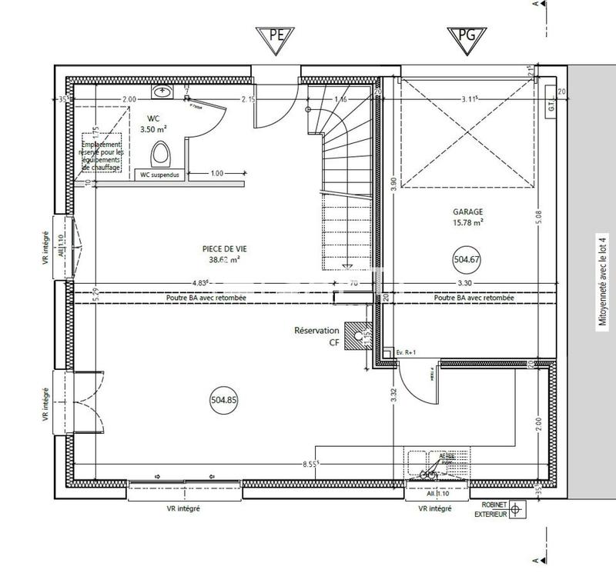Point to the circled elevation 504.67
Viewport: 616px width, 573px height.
(x=467, y=260)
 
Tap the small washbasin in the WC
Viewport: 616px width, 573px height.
(x=162, y=92)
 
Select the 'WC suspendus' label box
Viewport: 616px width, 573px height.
(x=159, y=174)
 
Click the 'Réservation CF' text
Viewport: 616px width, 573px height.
(x=316, y=335)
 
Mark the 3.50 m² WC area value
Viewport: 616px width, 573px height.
(x=153, y=130)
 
